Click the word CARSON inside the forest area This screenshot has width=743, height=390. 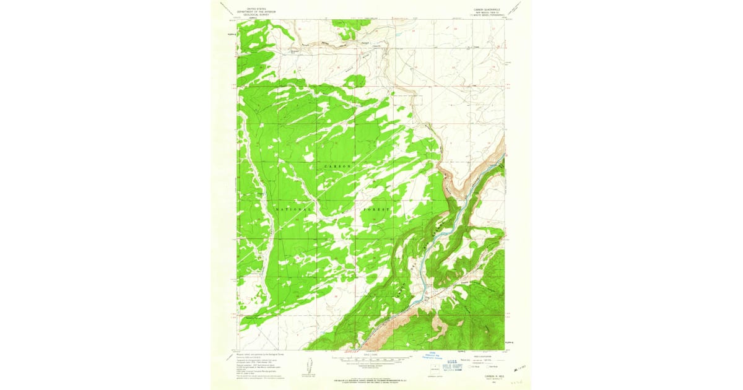[x=337, y=167]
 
